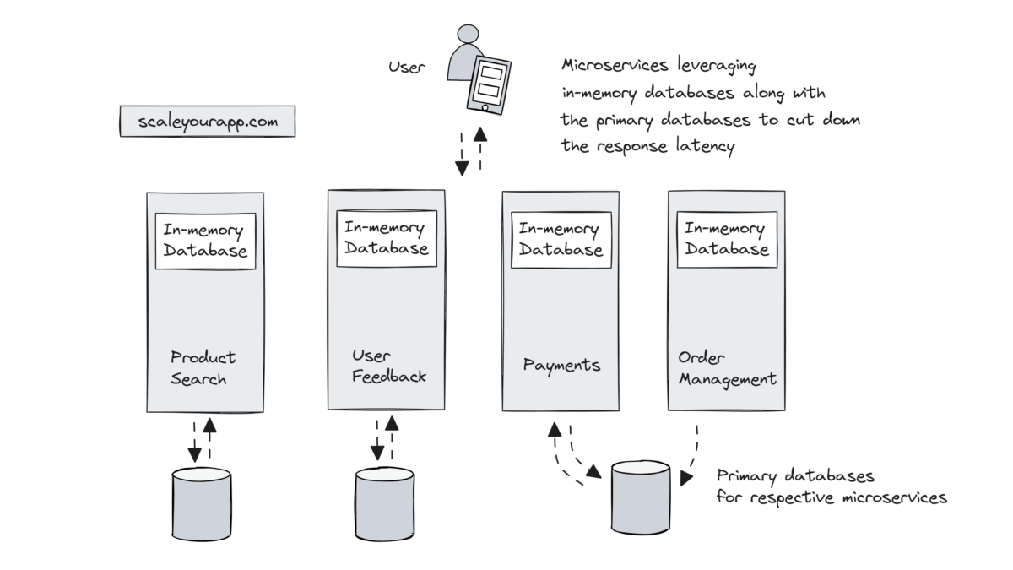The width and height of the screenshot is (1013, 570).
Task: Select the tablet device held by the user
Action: (490, 84)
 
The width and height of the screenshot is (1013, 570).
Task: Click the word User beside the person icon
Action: (407, 67)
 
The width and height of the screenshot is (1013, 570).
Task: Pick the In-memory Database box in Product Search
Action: (205, 241)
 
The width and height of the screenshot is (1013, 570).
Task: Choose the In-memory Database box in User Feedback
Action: (387, 237)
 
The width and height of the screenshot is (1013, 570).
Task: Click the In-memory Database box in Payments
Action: (561, 239)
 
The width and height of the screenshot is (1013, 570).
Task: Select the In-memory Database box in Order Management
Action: (727, 239)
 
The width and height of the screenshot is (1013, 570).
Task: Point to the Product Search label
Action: (203, 368)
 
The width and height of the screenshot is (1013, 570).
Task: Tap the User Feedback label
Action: (388, 366)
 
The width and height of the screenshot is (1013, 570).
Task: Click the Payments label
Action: (561, 366)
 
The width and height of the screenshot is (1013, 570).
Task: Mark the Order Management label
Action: (727, 368)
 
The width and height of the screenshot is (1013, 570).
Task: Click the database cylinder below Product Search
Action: (202, 503)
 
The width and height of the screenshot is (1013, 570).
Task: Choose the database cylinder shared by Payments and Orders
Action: (641, 497)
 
